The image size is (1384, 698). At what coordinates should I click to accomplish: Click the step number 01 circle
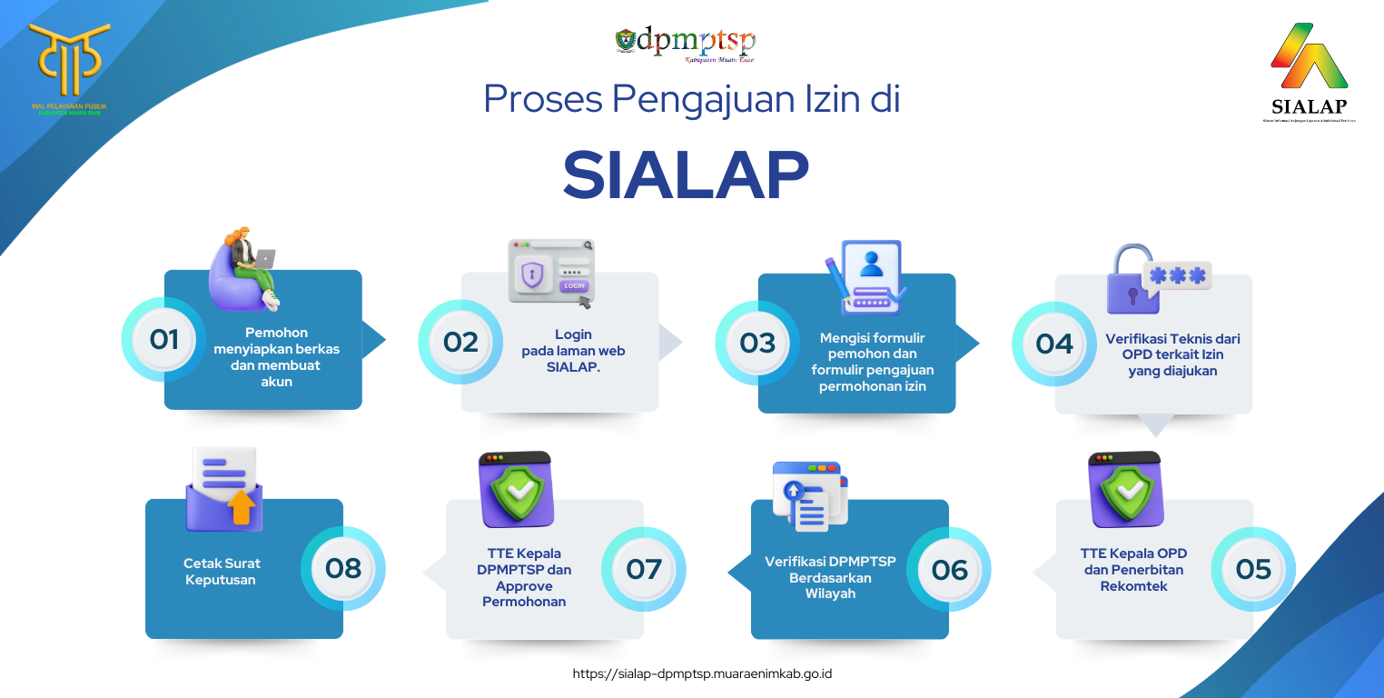(164, 339)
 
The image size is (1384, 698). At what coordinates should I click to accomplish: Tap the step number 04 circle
(1054, 344)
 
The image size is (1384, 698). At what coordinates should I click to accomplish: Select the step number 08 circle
(343, 569)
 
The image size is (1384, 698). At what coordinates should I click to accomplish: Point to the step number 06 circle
(950, 570)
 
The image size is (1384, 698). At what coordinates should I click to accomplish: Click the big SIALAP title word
(686, 174)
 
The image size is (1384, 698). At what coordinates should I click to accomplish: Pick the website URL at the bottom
(703, 673)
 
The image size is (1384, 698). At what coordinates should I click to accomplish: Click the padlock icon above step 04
(1132, 281)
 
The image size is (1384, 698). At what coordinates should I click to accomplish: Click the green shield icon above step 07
(516, 489)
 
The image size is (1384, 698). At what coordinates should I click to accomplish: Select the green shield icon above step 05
(1125, 489)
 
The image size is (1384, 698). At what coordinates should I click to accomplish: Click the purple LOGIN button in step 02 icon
(574, 285)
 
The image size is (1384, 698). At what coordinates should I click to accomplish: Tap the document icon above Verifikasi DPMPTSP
(809, 495)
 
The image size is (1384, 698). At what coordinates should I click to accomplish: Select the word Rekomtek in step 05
(1133, 586)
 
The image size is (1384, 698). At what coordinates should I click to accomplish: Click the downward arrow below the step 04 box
(1155, 424)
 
